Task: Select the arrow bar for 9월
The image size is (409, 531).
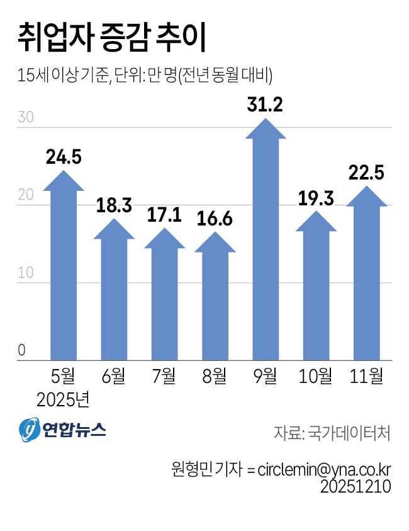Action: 265,246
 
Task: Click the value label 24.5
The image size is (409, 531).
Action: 64,157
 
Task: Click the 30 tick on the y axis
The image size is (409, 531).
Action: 25,118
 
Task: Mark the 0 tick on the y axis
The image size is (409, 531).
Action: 21,351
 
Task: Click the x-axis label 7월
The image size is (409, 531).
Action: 164,376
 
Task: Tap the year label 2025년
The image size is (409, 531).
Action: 64,399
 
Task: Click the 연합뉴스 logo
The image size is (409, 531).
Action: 62,430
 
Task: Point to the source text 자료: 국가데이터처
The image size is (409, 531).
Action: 332,433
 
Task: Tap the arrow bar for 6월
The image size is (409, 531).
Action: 114,293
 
